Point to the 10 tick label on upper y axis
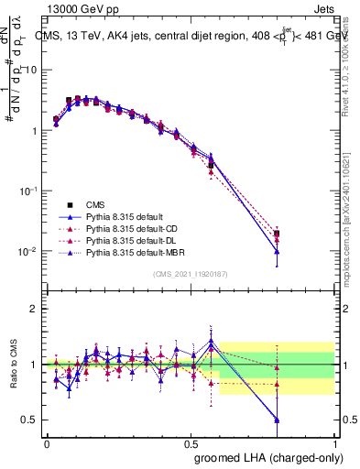[x=31, y=70]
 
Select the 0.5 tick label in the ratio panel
[x=31, y=420]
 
